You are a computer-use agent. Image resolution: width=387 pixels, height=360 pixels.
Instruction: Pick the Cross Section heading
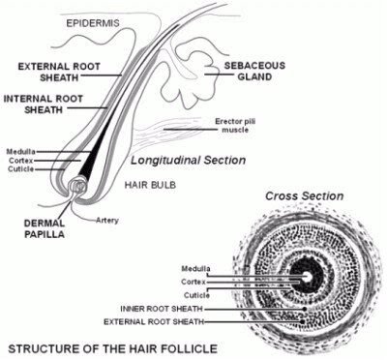[306, 195]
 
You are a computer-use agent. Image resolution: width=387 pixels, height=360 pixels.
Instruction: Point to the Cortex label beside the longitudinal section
[20, 161]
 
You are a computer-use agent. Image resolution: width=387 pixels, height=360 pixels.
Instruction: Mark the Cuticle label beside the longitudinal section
[20, 169]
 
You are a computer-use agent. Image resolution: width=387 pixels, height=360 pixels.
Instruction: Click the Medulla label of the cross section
[197, 267]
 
